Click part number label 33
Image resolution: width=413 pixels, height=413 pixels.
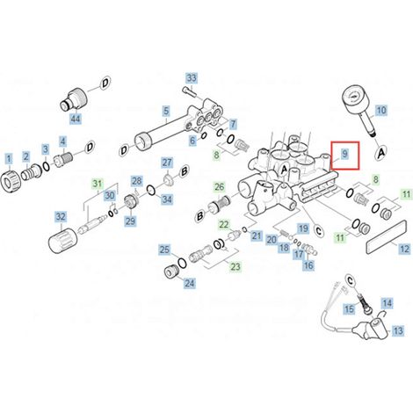coord(192,78)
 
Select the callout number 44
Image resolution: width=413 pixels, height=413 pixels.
coord(76,119)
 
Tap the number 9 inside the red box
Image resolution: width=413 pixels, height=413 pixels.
coord(344,153)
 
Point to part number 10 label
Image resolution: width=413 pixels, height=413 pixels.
coord(381,111)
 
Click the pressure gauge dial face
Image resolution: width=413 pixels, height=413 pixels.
coord(354,95)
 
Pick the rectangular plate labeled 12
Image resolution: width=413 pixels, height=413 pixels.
coord(387,233)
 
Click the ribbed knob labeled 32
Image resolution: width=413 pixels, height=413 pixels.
coord(63,241)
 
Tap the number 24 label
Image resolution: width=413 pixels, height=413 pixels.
coord(189,283)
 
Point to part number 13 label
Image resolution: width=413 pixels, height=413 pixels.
coord(398,330)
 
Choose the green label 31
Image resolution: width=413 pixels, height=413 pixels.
coord(98,185)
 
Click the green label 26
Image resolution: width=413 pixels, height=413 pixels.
coord(220,187)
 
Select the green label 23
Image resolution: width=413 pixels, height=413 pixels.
coord(235,266)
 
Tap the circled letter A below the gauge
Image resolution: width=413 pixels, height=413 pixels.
coord(381,153)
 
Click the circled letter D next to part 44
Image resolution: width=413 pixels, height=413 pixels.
coord(105,83)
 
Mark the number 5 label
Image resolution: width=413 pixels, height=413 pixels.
coord(166,112)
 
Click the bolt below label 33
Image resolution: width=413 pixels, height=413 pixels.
coord(188,91)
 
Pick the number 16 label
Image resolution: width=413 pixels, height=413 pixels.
coord(308,265)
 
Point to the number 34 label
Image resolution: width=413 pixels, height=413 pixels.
coord(167,199)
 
